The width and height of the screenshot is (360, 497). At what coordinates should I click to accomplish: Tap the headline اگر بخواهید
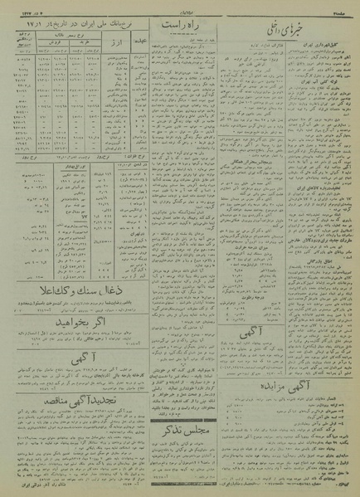click(72, 317)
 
